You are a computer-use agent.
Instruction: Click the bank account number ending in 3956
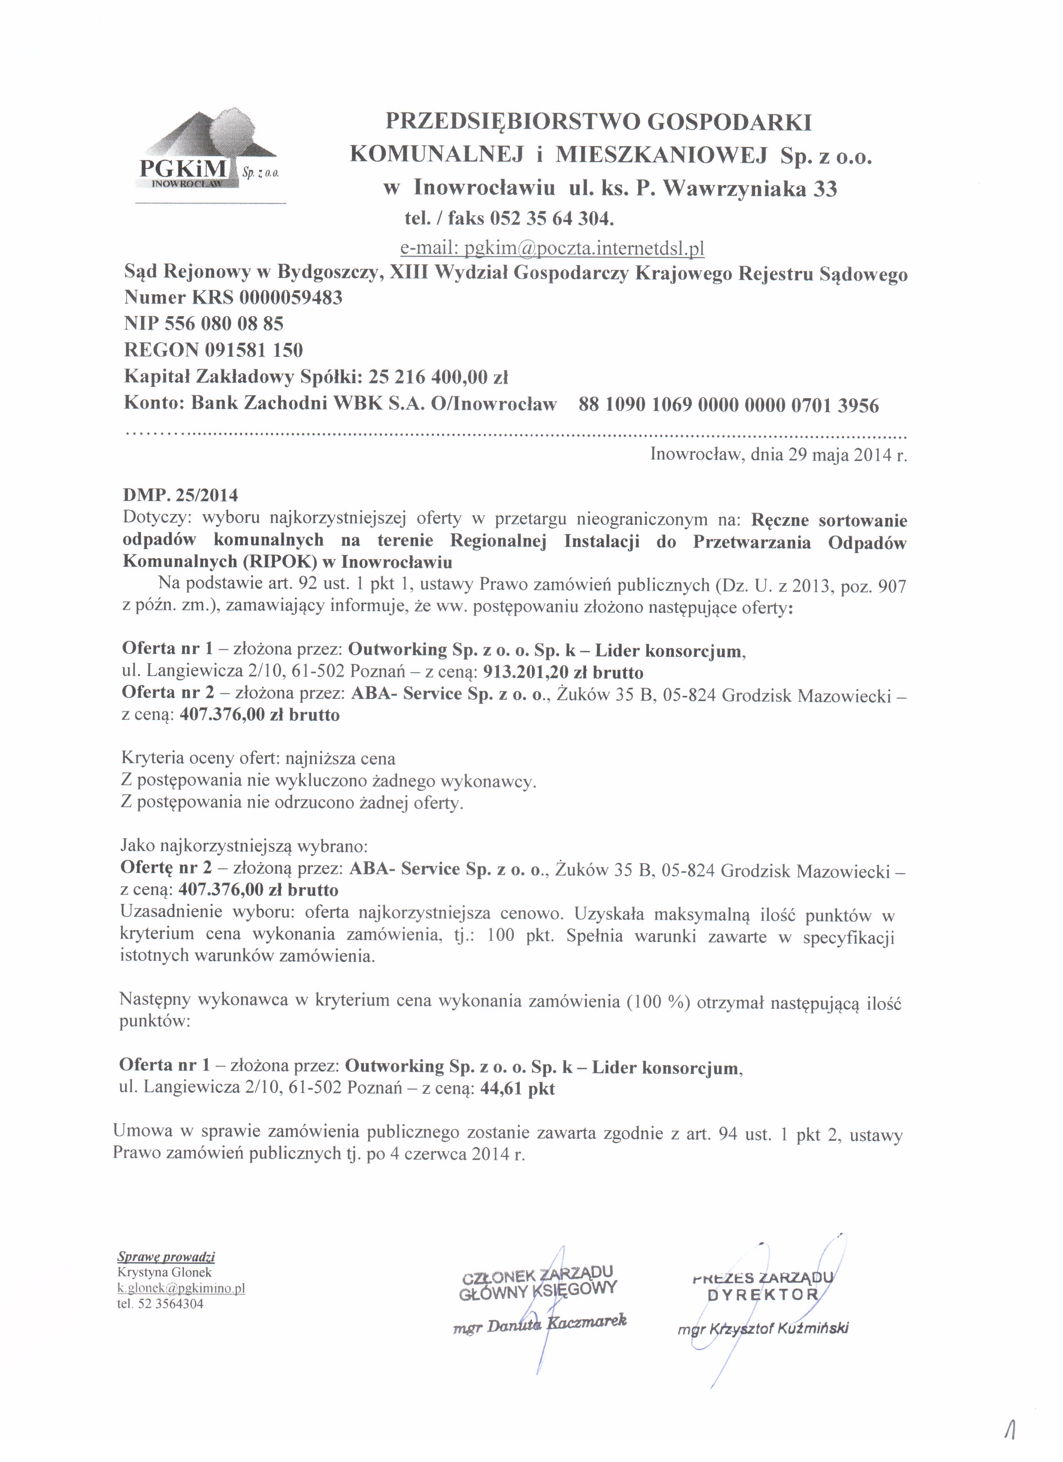point(729,405)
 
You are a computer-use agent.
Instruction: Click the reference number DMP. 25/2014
point(180,495)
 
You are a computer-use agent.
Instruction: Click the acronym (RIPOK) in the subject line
point(280,561)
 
